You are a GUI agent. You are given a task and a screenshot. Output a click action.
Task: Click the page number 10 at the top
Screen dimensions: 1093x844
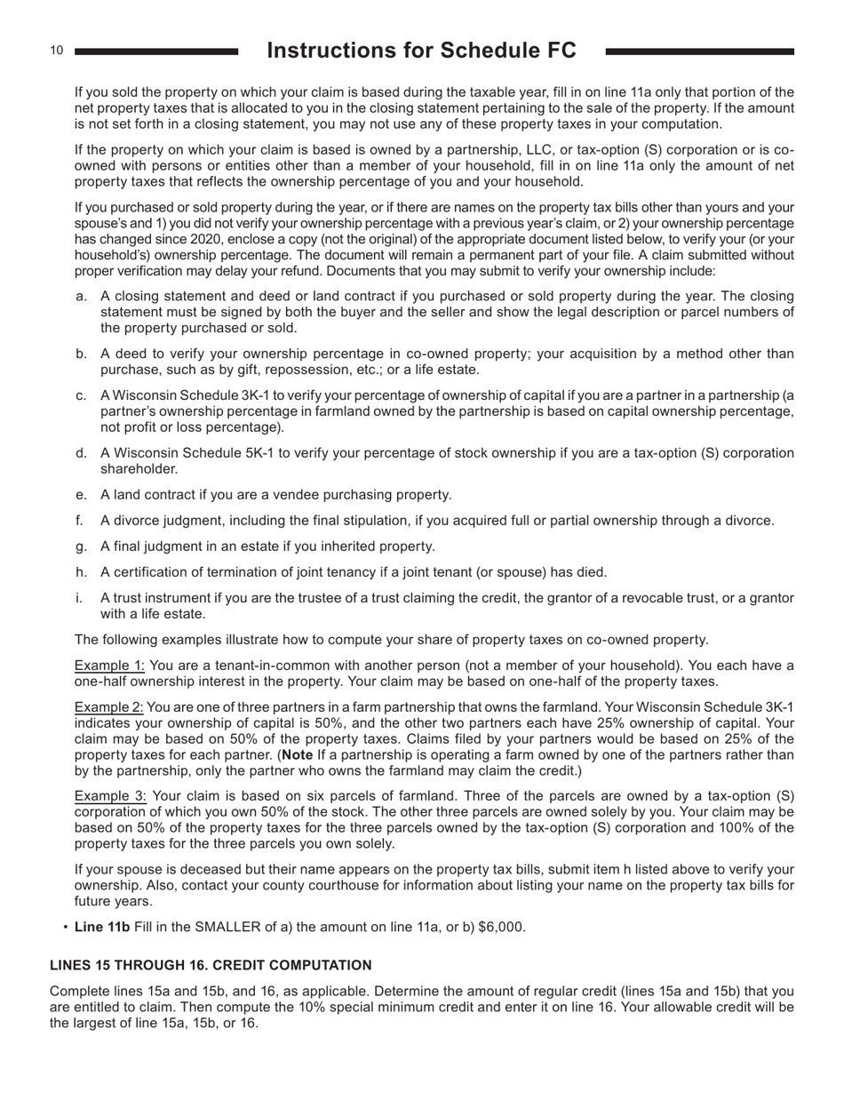click(56, 51)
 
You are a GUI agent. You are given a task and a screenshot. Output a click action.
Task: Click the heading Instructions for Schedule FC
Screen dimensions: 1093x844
click(421, 51)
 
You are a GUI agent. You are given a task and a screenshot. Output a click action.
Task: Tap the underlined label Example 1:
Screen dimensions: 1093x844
click(109, 666)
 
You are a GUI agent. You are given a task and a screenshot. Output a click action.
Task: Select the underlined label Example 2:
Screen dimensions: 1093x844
click(109, 707)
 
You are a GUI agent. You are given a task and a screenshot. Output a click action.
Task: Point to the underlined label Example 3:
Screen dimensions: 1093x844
click(110, 795)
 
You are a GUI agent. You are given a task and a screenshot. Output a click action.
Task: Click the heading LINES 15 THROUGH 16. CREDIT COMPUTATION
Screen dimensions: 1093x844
click(211, 965)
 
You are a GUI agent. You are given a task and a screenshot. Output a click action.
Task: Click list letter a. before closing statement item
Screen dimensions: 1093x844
click(81, 296)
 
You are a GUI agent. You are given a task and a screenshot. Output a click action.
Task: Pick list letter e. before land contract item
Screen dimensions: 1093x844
click(81, 495)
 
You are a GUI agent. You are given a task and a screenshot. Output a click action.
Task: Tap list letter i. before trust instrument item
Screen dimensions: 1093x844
click(79, 598)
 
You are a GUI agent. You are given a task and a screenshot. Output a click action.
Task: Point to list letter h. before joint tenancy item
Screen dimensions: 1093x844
click(81, 572)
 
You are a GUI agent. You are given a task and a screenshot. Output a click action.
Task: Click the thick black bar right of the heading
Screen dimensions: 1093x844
click(699, 52)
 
